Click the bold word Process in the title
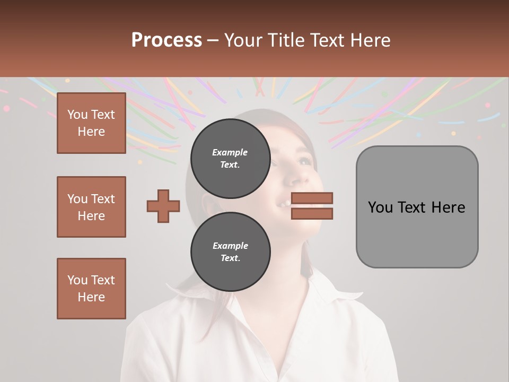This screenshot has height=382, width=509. click(x=166, y=40)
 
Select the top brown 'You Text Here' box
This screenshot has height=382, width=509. click(x=91, y=123)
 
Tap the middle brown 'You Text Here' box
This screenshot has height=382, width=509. click(x=91, y=207)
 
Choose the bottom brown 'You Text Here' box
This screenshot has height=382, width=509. click(x=91, y=289)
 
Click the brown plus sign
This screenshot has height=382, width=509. click(x=163, y=206)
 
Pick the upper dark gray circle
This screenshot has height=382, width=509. click(x=230, y=158)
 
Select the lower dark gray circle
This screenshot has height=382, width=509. click(x=230, y=251)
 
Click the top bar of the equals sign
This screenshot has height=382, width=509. click(x=312, y=198)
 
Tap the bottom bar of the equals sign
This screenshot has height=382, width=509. click(x=312, y=213)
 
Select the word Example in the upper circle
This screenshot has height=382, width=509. click(x=230, y=153)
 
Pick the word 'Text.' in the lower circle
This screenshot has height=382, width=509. click(x=230, y=258)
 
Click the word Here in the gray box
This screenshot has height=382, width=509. click(x=448, y=207)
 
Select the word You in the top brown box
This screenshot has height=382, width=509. click(x=77, y=115)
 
